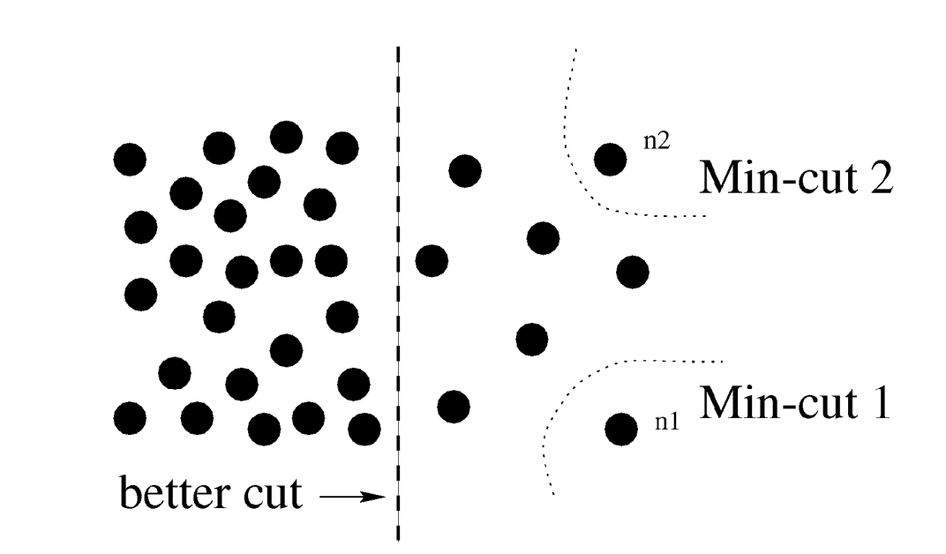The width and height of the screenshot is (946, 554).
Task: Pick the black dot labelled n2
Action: tap(610, 159)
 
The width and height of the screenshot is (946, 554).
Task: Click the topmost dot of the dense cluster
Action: tap(286, 137)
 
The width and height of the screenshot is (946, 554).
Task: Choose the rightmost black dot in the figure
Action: tap(633, 271)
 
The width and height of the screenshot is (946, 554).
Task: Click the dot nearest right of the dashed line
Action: tap(432, 260)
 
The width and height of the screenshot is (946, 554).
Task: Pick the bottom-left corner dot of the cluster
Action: tap(131, 417)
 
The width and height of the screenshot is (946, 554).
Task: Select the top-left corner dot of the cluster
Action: tap(130, 159)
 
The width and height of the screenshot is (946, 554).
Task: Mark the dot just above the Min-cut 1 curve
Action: tap(531, 337)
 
